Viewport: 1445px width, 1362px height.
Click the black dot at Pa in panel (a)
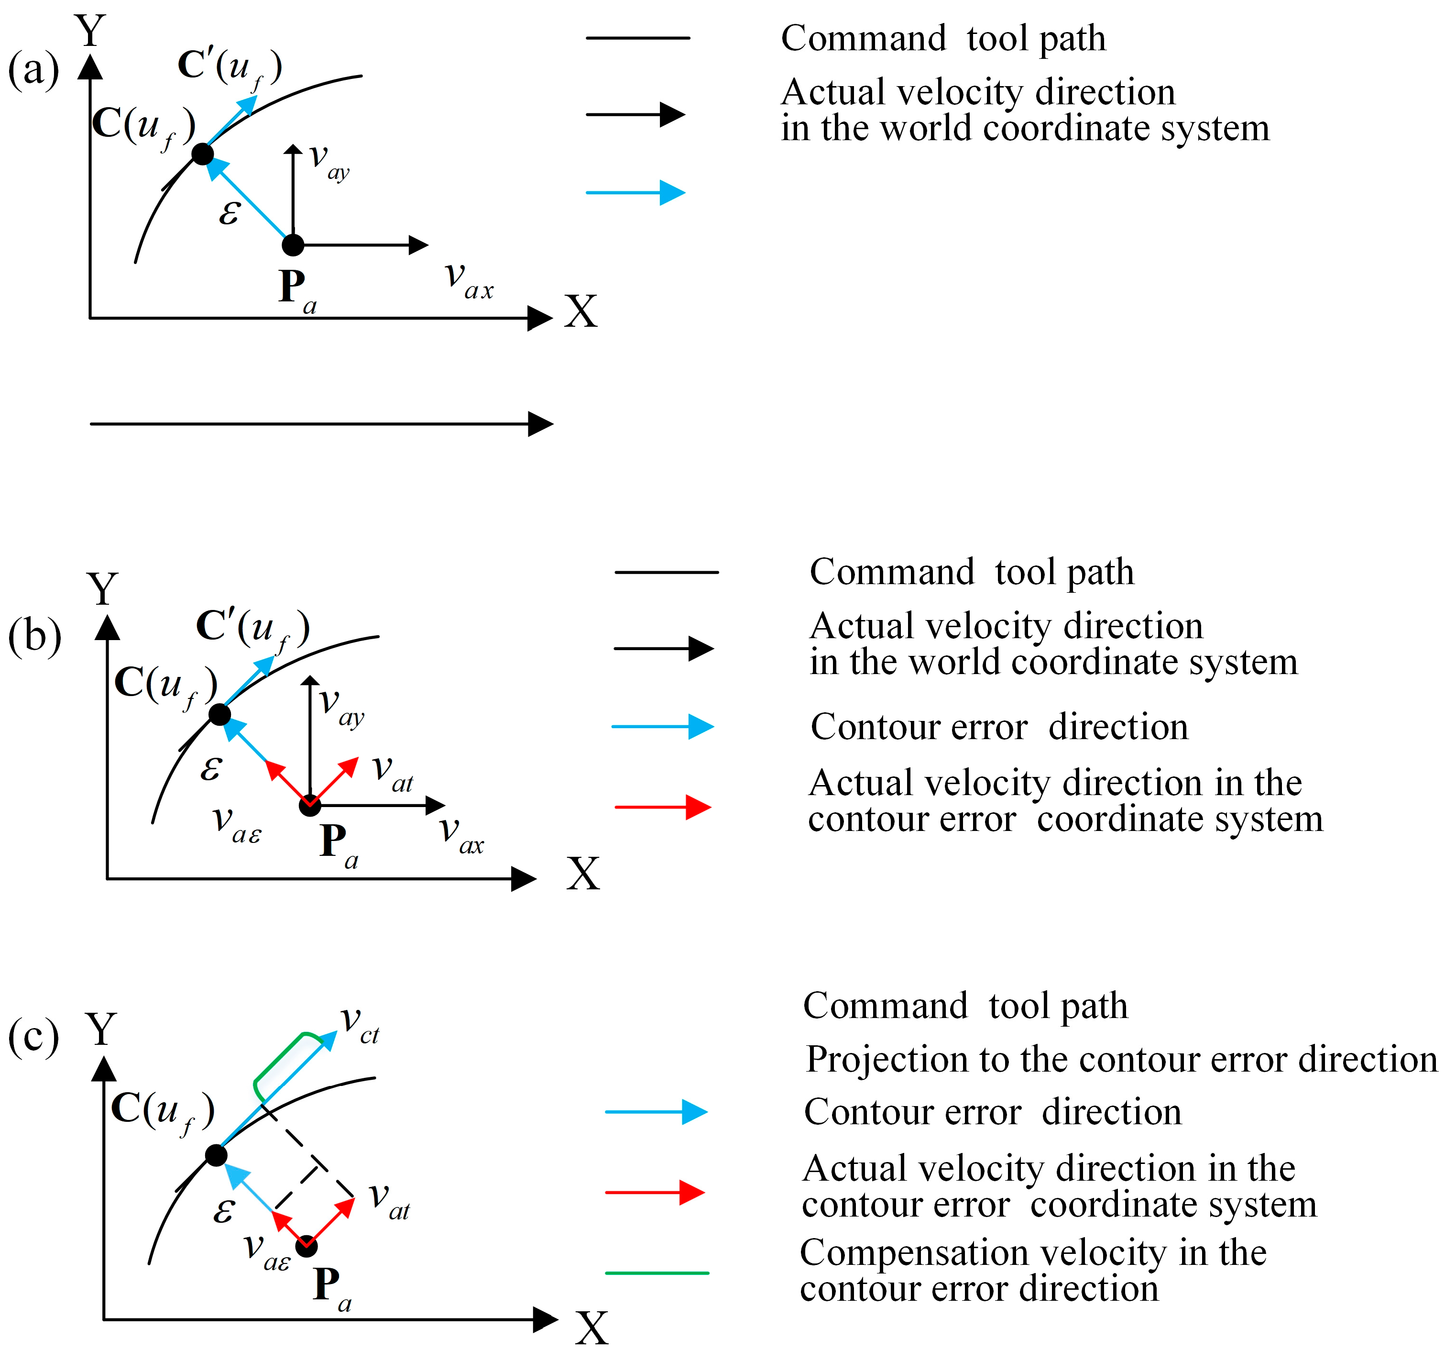coord(293,245)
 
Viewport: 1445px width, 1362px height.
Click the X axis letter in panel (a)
coord(581,313)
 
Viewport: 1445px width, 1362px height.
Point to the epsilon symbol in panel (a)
coord(230,212)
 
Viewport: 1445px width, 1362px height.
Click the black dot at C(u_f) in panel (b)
coord(219,714)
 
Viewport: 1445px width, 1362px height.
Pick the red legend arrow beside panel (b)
coord(663,807)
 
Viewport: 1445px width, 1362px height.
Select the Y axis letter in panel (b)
coord(102,589)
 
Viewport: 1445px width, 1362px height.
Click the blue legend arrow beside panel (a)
coord(636,193)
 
